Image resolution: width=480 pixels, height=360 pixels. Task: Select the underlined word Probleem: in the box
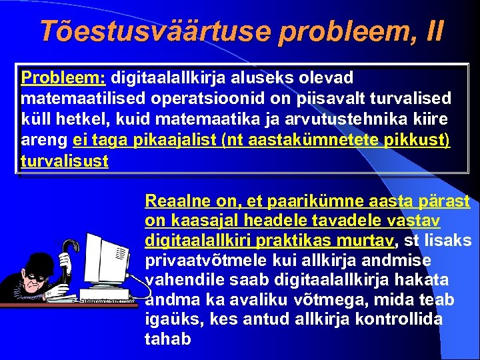click(x=66, y=77)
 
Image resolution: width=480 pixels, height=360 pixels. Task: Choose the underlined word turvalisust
click(x=65, y=161)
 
